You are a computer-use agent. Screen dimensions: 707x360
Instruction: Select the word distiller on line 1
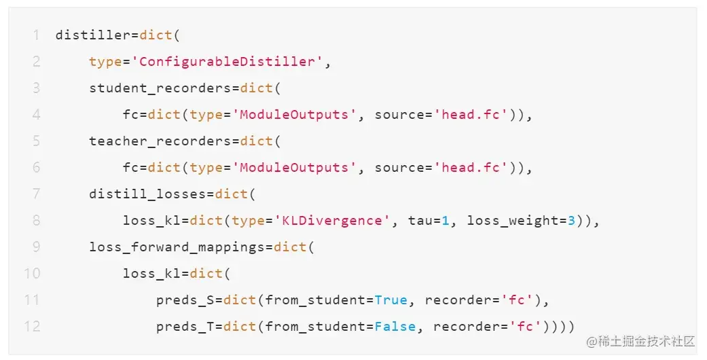[x=93, y=35]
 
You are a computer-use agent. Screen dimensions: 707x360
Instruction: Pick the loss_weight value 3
[x=571, y=221]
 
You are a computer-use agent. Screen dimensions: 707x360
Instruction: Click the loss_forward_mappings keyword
[x=177, y=247]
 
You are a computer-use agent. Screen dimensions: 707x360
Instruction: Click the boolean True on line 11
[x=391, y=300]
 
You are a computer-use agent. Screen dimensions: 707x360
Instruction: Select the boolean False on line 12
[x=395, y=327]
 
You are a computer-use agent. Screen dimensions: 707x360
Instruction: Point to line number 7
[x=36, y=194]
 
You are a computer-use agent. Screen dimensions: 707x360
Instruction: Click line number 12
[x=33, y=327]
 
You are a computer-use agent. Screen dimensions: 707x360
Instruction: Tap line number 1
[x=36, y=35]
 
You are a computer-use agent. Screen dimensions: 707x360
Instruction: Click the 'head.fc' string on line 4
[x=471, y=115]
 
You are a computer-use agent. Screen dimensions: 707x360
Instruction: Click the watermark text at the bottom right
[x=641, y=340]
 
